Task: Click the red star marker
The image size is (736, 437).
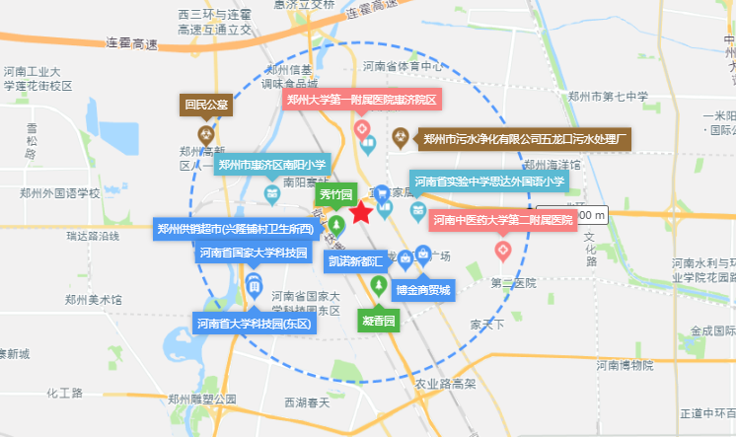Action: (361, 212)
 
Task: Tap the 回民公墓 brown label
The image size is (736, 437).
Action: (204, 104)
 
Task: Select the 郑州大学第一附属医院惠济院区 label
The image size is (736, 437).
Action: (361, 100)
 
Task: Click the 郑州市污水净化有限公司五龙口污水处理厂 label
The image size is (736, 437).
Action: (525, 140)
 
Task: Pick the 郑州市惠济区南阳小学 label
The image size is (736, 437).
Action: (271, 165)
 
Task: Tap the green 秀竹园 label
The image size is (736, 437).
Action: (334, 195)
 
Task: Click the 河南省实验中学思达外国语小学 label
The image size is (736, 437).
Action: (488, 182)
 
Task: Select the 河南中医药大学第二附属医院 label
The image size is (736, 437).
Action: (501, 219)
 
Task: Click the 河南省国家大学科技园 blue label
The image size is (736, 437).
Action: (253, 253)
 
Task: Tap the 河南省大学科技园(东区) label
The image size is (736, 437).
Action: (254, 323)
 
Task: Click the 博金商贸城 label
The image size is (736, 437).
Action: (422, 290)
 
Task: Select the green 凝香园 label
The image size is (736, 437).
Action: (377, 321)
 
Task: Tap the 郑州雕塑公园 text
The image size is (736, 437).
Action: (202, 400)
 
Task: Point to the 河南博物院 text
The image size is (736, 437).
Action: (625, 366)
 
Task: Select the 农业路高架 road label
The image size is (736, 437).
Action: (445, 384)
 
